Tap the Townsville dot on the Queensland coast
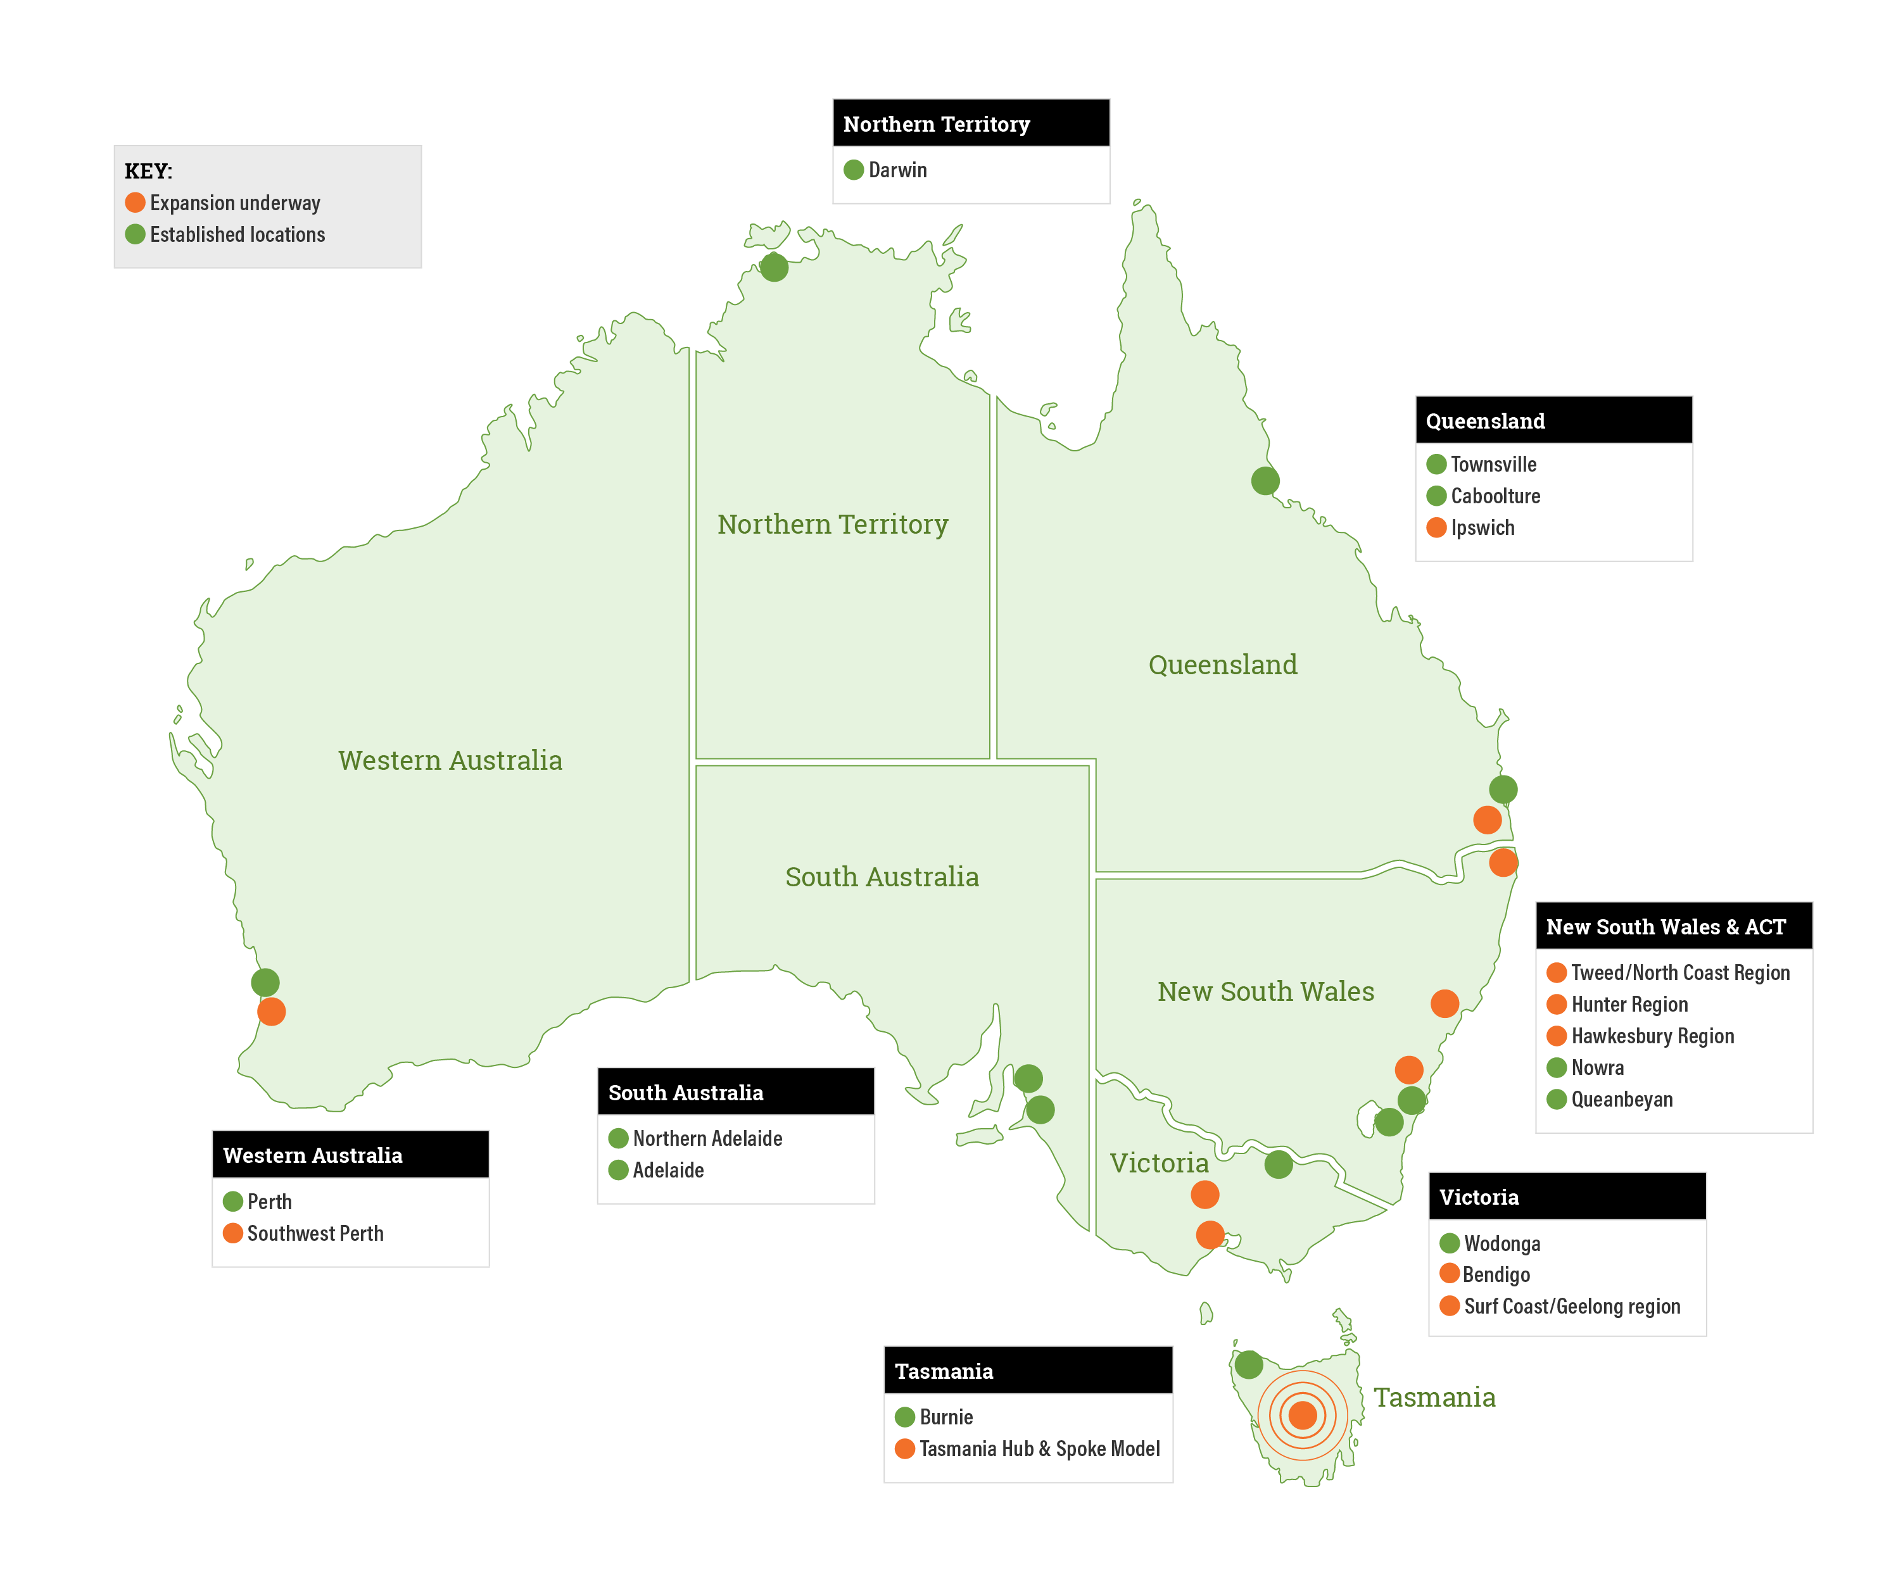pos(1265,480)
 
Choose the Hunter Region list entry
pos(1628,1005)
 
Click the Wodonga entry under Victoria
pos(1502,1243)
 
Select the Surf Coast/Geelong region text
pos(1571,1307)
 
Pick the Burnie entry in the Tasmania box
pos(945,1417)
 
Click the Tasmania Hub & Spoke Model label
pos(1039,1449)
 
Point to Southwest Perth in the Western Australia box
pos(315,1234)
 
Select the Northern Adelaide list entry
pos(706,1139)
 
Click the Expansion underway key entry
pos(234,203)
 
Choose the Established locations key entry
pos(237,235)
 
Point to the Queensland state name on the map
pos(1222,665)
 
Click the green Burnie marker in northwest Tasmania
pos(1248,1364)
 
